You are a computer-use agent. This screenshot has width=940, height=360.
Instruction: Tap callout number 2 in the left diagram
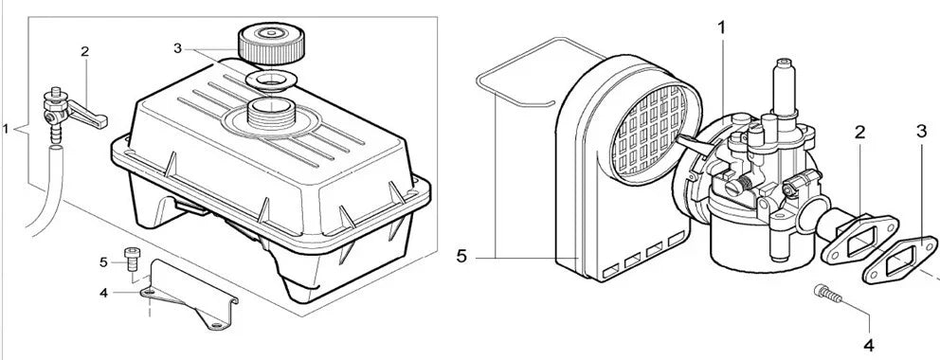(x=84, y=53)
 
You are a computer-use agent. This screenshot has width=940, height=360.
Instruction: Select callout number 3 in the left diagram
(x=177, y=47)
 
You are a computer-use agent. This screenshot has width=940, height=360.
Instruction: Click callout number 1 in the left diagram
(x=8, y=127)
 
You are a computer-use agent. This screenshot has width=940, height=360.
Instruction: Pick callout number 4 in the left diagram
(x=103, y=292)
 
